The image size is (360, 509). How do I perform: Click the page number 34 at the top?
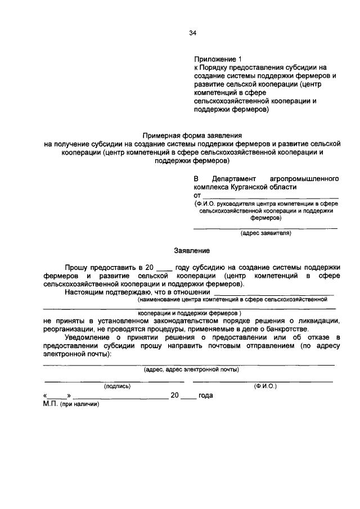(x=192, y=34)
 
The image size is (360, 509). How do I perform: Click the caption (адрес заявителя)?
(x=265, y=233)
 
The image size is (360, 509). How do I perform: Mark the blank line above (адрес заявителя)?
(x=265, y=228)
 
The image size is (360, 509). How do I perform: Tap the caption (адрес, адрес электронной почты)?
(x=191, y=370)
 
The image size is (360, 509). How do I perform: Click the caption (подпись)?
(x=117, y=386)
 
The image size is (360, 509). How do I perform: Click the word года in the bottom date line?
(x=205, y=395)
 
